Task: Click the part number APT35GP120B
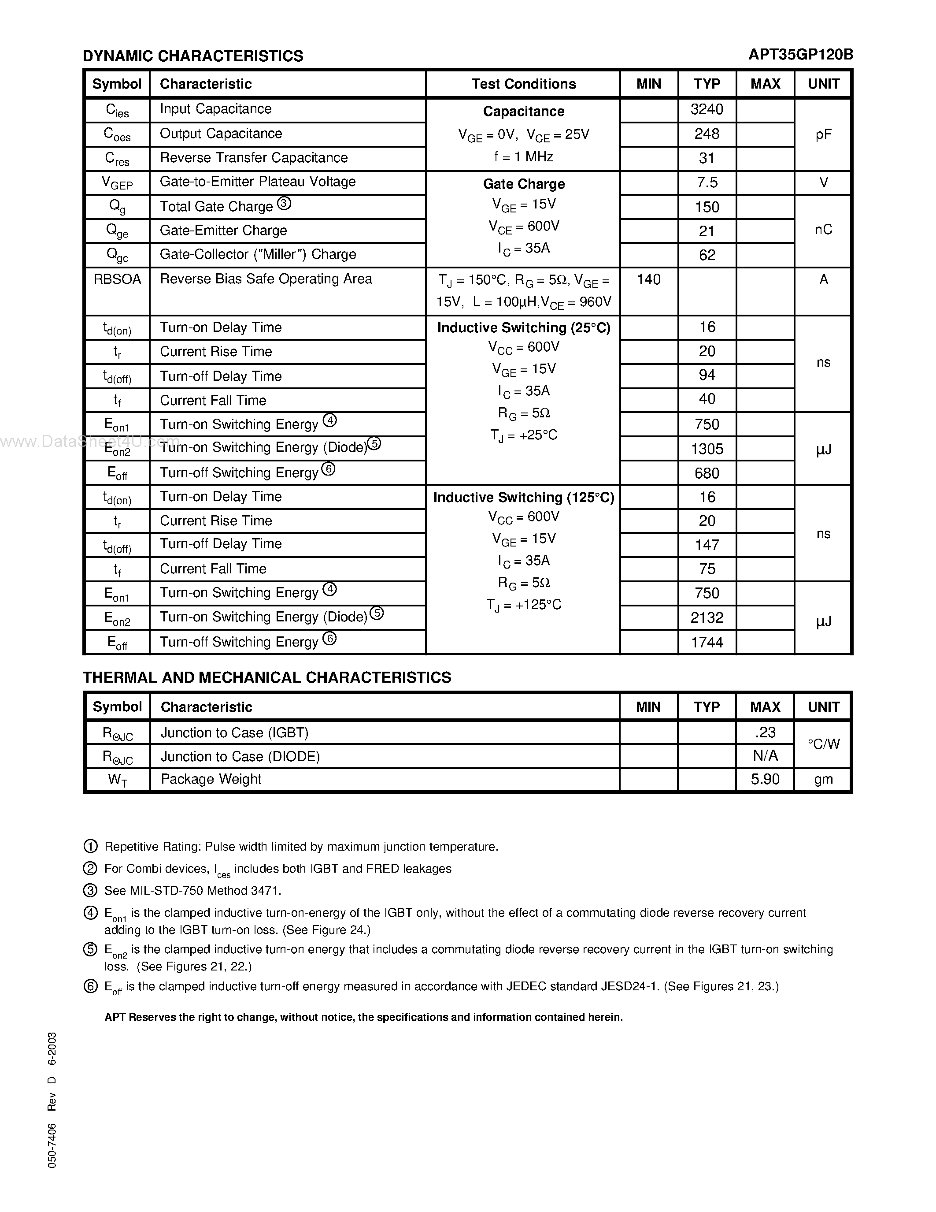(800, 54)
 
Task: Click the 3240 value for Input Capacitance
(707, 109)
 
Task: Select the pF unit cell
(823, 134)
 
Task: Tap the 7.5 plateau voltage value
(707, 182)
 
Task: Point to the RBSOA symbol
(117, 279)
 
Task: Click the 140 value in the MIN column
(648, 280)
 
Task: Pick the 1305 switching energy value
(707, 449)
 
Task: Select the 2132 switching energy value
(707, 617)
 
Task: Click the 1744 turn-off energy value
(707, 642)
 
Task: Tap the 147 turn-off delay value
(707, 545)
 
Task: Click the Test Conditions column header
(523, 84)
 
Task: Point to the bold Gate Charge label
(523, 184)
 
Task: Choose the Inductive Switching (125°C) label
(523, 497)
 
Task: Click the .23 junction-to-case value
(765, 732)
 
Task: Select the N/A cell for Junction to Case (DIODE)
(765, 756)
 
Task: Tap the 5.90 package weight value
(765, 779)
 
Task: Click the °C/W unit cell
(823, 744)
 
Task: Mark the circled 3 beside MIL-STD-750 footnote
(90, 891)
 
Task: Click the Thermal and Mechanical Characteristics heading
(267, 677)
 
